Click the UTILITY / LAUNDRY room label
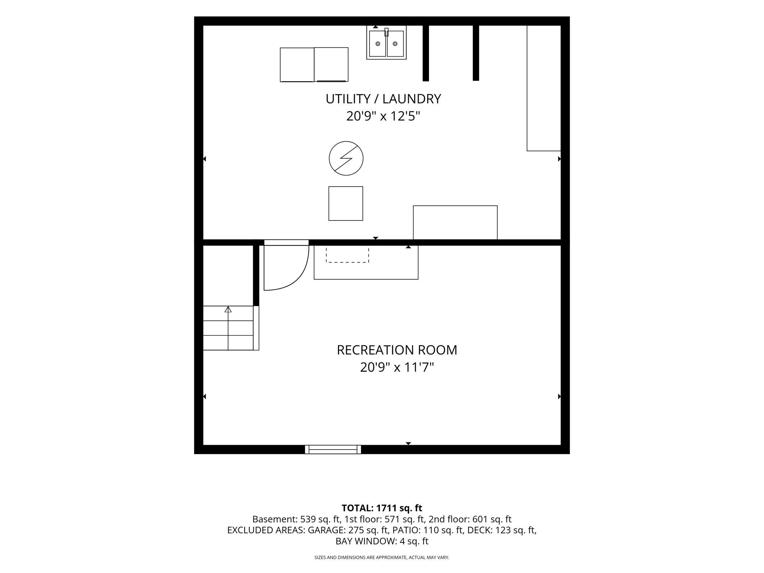pyautogui.click(x=383, y=99)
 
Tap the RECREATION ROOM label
pyautogui.click(x=397, y=350)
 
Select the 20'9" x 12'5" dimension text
pyautogui.click(x=383, y=116)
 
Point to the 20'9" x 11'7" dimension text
pyautogui.click(x=397, y=367)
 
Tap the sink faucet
pyautogui.click(x=386, y=32)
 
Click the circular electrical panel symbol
pyautogui.click(x=346, y=158)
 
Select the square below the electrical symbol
pyautogui.click(x=346, y=203)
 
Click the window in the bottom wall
pyautogui.click(x=333, y=449)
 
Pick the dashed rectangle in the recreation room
pyautogui.click(x=347, y=255)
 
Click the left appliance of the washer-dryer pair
pyautogui.click(x=297, y=65)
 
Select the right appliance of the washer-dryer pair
pyautogui.click(x=331, y=65)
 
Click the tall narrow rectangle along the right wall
pyautogui.click(x=544, y=88)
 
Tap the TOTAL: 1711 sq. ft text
pyautogui.click(x=382, y=508)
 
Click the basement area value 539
pyautogui.click(x=307, y=519)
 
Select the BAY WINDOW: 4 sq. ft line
pyautogui.click(x=382, y=541)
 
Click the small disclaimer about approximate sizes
pyautogui.click(x=382, y=558)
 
